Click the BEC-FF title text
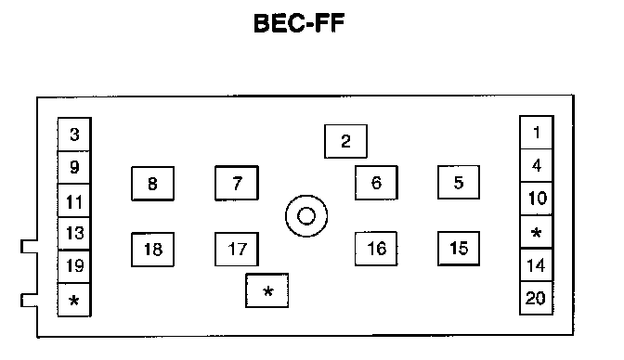tap(299, 23)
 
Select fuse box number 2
tap(345, 141)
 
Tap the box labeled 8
tap(153, 184)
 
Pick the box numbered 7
tap(237, 183)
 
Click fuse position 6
tap(376, 183)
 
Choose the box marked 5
tap(459, 182)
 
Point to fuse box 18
tap(153, 250)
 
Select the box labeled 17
tap(237, 249)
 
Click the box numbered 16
tap(376, 249)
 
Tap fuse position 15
tap(459, 249)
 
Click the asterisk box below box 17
tap(267, 290)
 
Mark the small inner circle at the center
tap(306, 216)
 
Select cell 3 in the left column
tap(74, 134)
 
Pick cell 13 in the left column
tap(74, 234)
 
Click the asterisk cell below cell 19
tap(74, 300)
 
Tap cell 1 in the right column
tap(537, 133)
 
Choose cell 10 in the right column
tap(537, 199)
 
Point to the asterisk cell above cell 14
tap(537, 232)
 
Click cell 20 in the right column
tap(537, 299)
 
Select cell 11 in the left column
tap(74, 200)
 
